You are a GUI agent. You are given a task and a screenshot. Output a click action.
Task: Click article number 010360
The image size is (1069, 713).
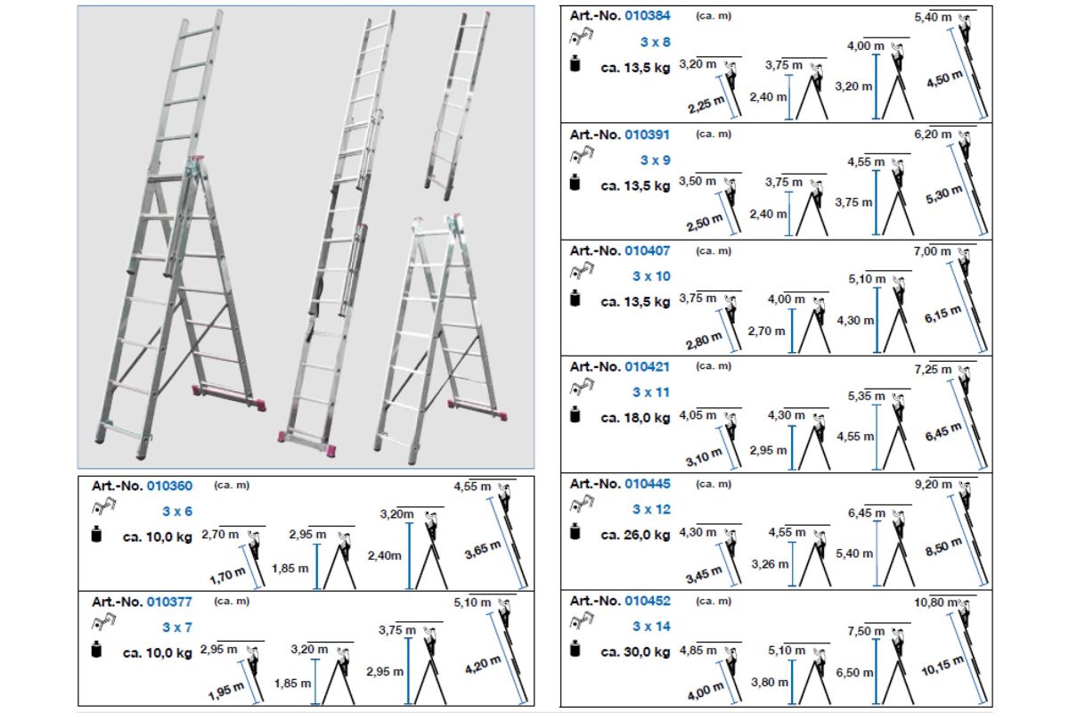[169, 486]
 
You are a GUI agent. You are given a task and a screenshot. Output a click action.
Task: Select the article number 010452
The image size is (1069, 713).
[648, 601]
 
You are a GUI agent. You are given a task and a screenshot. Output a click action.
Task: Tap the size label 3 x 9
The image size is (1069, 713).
[656, 160]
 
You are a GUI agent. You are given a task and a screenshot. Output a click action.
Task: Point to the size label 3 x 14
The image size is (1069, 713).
[651, 626]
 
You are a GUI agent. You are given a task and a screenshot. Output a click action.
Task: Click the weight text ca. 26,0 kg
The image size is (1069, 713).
[636, 535]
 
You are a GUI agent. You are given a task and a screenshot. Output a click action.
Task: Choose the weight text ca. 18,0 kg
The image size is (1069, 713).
[636, 418]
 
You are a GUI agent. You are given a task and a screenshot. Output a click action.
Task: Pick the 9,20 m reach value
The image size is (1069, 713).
[933, 484]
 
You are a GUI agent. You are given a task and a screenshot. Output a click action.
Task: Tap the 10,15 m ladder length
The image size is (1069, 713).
[943, 665]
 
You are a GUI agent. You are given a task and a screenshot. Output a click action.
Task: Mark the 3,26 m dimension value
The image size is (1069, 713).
[770, 564]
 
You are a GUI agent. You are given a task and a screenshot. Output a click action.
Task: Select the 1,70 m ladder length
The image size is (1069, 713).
[228, 576]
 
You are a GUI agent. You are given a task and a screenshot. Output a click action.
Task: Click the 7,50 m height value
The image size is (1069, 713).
[866, 631]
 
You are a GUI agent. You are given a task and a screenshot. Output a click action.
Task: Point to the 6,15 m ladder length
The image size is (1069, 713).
[943, 315]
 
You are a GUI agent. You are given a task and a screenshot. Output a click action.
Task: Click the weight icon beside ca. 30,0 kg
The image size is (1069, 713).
[575, 649]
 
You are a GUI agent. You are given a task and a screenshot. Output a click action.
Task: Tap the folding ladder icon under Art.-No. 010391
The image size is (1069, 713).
[582, 155]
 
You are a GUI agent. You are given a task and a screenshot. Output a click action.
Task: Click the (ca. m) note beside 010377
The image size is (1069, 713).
[232, 601]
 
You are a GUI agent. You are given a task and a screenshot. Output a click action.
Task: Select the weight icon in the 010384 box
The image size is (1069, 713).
[575, 64]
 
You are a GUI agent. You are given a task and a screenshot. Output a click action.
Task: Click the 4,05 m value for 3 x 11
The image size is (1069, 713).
[698, 415]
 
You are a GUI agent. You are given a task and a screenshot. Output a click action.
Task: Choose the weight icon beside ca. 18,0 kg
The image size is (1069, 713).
[575, 414]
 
